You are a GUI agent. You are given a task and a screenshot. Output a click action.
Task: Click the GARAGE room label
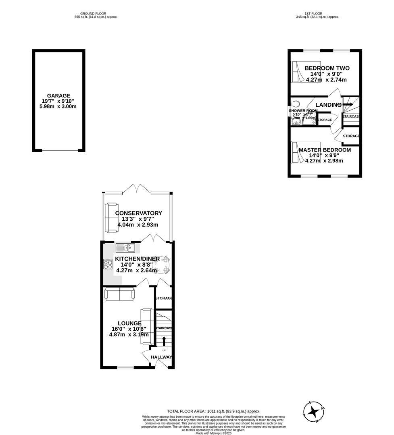coord(59,95)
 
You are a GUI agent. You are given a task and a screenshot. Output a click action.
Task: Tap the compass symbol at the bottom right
coord(314,412)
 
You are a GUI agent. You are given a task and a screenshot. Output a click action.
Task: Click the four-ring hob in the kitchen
coord(108,264)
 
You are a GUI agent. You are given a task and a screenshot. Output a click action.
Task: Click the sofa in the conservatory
coord(111,218)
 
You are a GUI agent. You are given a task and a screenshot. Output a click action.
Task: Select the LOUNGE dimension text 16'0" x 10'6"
coord(129,329)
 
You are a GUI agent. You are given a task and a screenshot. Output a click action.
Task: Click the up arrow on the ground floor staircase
coord(164,341)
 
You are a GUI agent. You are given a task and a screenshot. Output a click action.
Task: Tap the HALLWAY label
coord(161,357)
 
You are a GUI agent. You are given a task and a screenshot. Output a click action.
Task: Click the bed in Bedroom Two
coord(305,72)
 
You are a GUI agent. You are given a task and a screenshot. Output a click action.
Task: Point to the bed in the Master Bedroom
coord(305,152)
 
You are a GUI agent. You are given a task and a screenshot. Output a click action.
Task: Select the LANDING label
coord(329,105)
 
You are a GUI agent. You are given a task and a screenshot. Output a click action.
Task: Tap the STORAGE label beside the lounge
coord(164,298)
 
